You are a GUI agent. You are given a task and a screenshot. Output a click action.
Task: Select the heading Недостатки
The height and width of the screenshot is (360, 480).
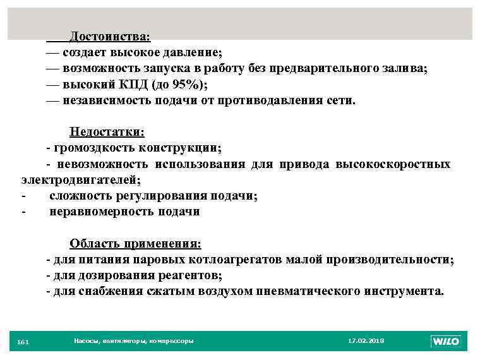(x=107, y=132)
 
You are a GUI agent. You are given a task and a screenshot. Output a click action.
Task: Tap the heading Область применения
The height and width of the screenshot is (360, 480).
(x=135, y=244)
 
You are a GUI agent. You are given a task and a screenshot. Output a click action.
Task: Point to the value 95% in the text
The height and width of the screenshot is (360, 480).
(x=188, y=85)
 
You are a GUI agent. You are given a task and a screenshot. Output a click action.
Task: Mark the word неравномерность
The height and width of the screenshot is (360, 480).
(x=101, y=212)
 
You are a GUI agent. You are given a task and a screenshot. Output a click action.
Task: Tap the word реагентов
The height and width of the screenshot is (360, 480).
(x=188, y=275)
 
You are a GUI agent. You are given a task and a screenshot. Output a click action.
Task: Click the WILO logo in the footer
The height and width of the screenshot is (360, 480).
(x=445, y=342)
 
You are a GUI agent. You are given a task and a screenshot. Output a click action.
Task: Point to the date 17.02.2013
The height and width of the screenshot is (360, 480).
(x=366, y=341)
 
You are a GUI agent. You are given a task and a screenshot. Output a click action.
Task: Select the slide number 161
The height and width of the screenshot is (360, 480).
(x=23, y=342)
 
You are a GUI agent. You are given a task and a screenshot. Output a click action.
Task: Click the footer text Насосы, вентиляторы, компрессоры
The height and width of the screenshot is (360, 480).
(x=134, y=341)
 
